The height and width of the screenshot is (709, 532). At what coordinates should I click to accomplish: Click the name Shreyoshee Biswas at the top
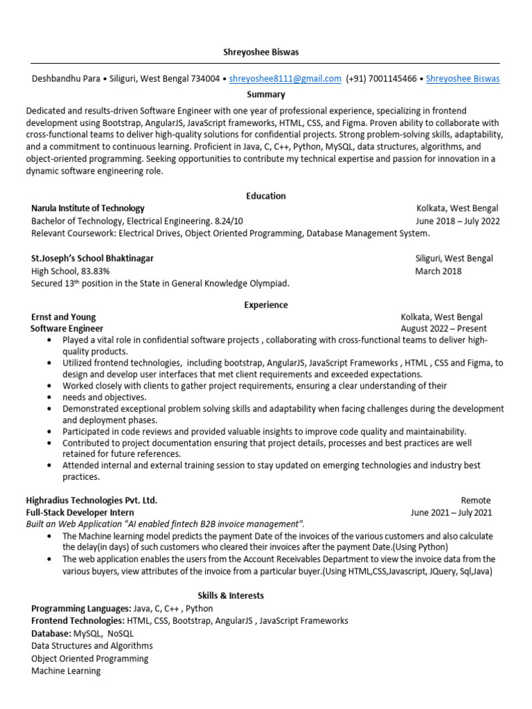[265, 53]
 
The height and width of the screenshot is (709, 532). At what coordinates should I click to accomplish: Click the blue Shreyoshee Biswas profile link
[463, 79]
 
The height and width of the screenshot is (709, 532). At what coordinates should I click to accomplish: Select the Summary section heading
[265, 94]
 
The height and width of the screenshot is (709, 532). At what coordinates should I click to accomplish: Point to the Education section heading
[265, 196]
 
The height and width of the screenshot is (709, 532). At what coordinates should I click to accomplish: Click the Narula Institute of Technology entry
[88, 208]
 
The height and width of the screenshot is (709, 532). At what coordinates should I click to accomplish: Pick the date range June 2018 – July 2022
[457, 222]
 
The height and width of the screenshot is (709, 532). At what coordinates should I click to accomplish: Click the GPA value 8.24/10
[229, 222]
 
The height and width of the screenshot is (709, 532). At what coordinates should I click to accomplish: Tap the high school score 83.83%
[95, 271]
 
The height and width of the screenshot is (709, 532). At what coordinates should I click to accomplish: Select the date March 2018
[438, 271]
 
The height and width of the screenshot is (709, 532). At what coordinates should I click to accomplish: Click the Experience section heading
[265, 305]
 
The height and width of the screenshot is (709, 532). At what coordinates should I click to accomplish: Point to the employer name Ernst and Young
[64, 317]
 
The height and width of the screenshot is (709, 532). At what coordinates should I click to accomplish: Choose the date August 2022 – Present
[443, 329]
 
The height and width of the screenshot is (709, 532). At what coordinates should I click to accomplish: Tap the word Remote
[475, 500]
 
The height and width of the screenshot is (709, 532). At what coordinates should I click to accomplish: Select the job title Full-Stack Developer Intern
[80, 512]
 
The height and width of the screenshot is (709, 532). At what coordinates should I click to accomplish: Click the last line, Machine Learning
[66, 671]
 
